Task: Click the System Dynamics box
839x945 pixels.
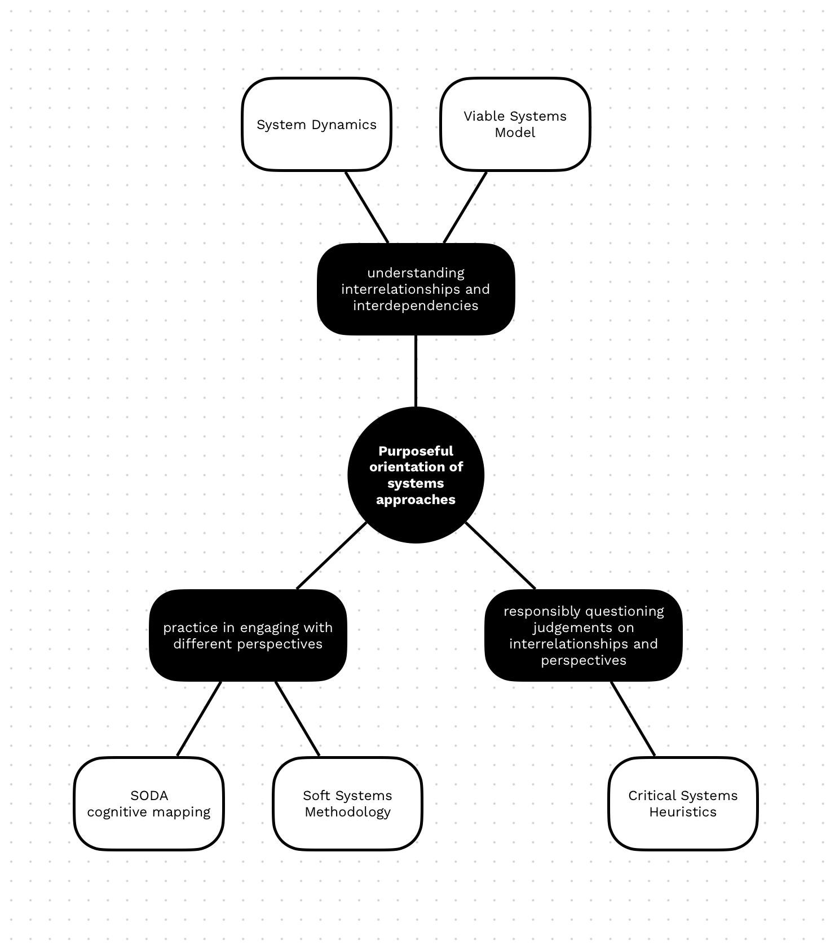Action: [316, 125]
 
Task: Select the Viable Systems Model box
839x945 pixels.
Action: [515, 125]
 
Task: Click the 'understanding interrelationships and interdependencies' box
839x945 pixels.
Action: [416, 289]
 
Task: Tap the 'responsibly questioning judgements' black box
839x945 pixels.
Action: [584, 635]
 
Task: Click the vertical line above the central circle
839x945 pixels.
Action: [416, 371]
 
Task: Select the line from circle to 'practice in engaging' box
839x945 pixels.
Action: [332, 555]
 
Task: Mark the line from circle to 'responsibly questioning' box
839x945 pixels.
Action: [500, 555]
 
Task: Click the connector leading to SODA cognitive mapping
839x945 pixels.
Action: [199, 719]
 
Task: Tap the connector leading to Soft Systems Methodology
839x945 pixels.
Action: [298, 719]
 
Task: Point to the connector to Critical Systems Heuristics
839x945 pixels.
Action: [633, 719]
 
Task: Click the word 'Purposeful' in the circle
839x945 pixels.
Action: [416, 451]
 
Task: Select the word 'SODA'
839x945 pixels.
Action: [149, 796]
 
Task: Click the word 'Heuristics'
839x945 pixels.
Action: [683, 812]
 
